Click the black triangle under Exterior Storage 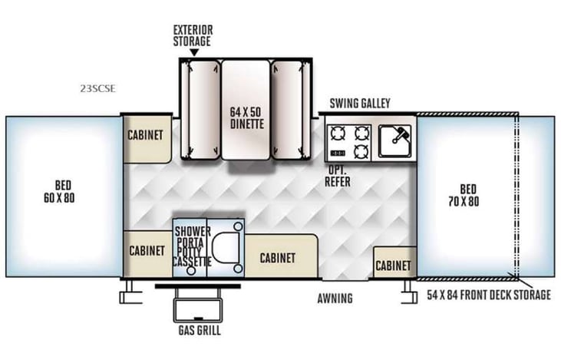coord(193,52)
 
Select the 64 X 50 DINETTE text coord(246,117)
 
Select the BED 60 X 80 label coord(64,192)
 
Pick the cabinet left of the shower coord(147,251)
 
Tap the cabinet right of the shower coord(277,259)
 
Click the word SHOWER coord(193,231)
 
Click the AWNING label coord(335,299)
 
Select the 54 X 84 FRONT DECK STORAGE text coord(488,296)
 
